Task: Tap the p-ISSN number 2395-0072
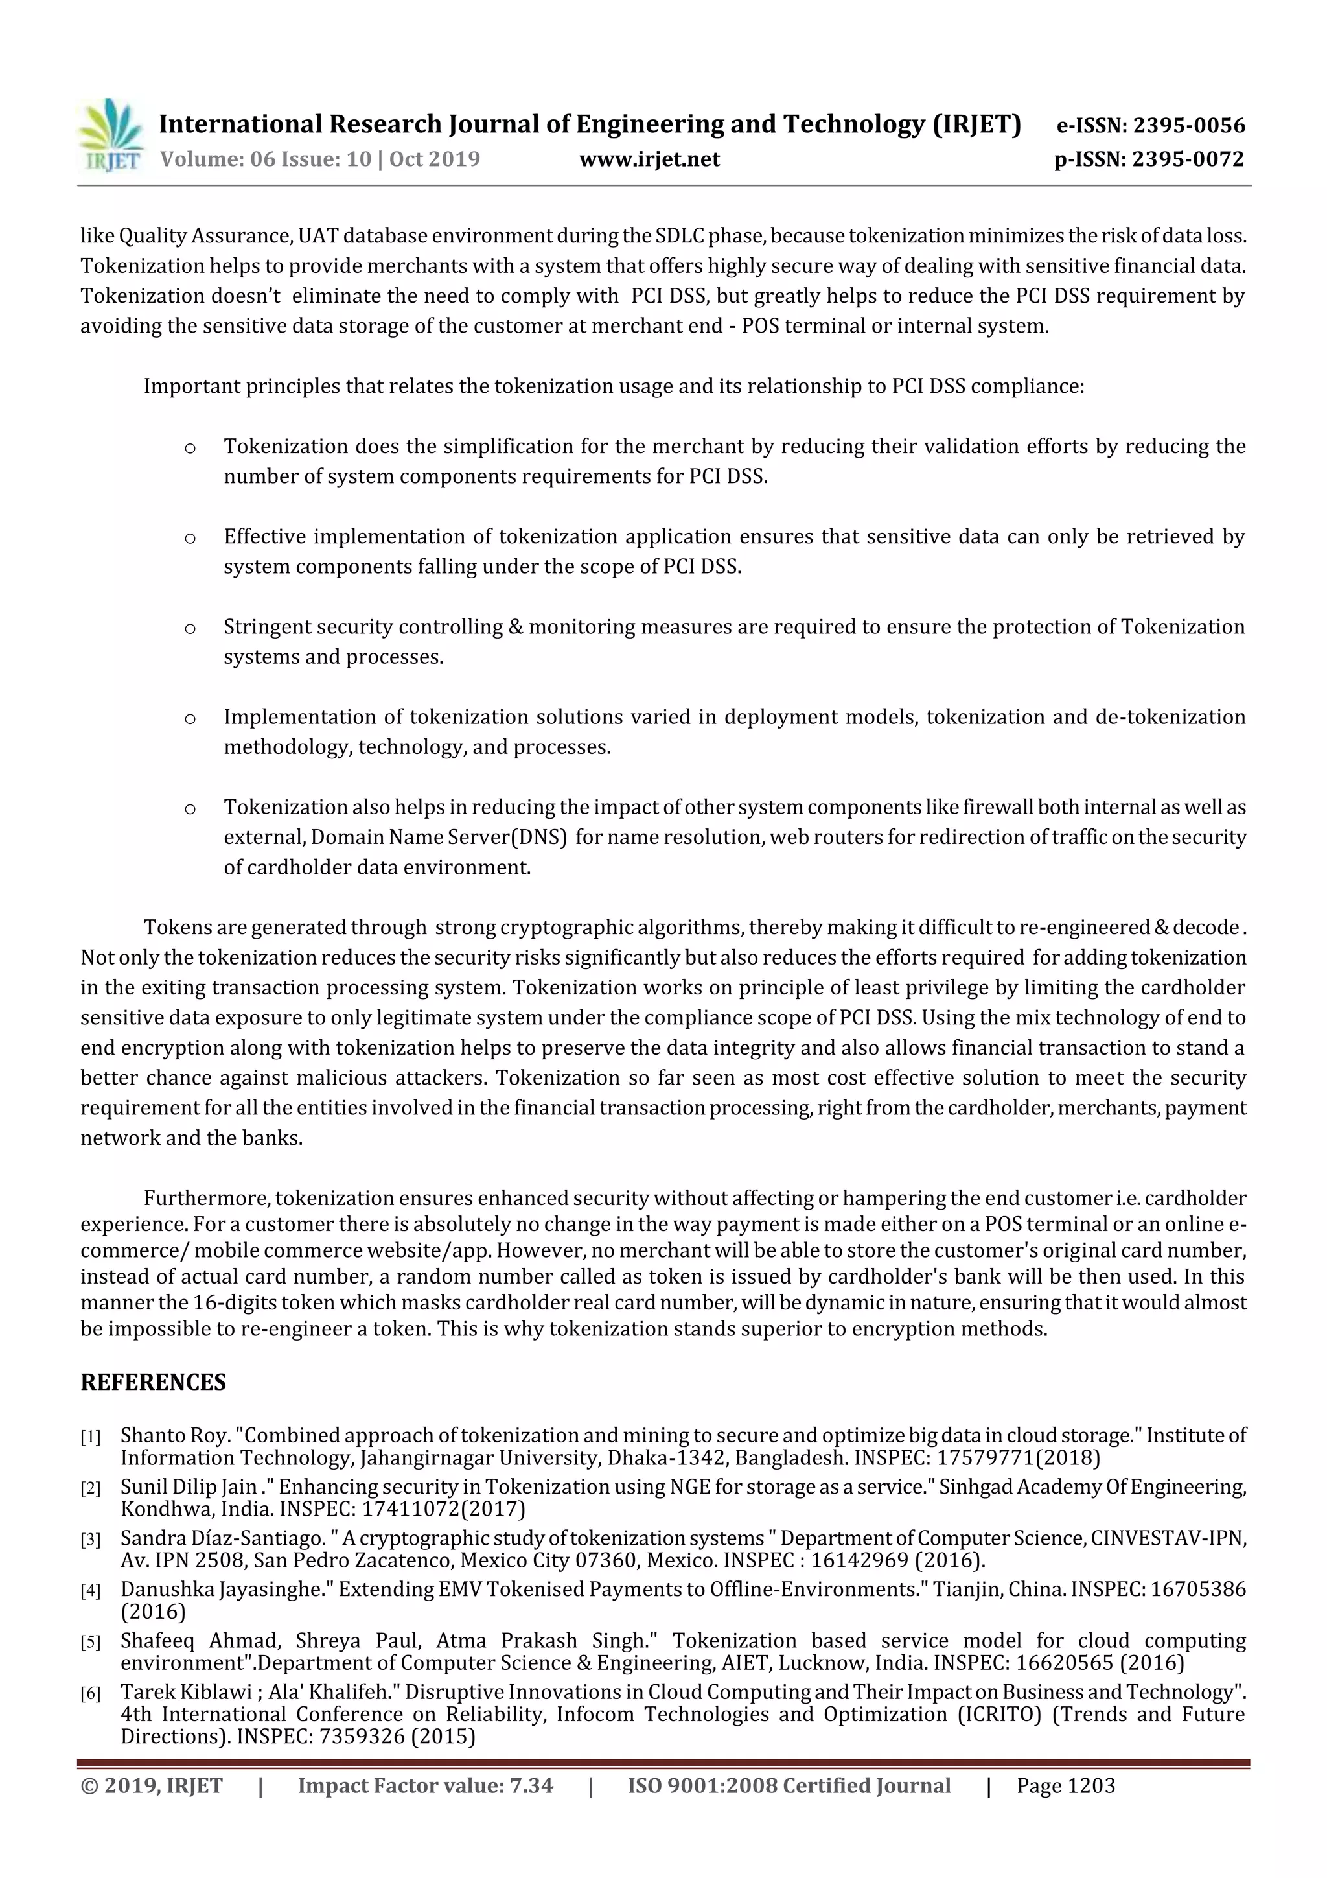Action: [x=1187, y=159]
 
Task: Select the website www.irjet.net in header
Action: [x=649, y=159]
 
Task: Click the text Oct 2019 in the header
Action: [x=434, y=159]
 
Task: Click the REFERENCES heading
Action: [x=153, y=1382]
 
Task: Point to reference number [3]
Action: [x=90, y=1540]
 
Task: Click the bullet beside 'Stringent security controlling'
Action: [x=190, y=628]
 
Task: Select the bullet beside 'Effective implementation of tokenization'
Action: [x=190, y=538]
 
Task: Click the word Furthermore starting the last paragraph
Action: [x=207, y=1198]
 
